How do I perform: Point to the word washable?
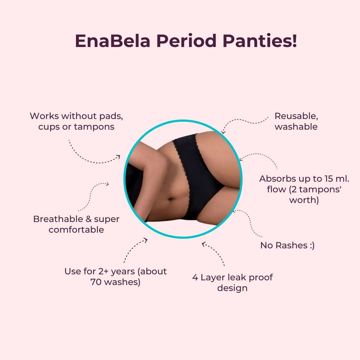coord(296,127)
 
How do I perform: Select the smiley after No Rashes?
coord(311,246)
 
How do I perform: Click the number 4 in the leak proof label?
coord(195,277)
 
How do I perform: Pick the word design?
coord(232,288)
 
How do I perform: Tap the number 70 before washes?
coord(96,282)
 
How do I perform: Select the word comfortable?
coord(76,230)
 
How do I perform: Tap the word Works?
coord(44,116)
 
